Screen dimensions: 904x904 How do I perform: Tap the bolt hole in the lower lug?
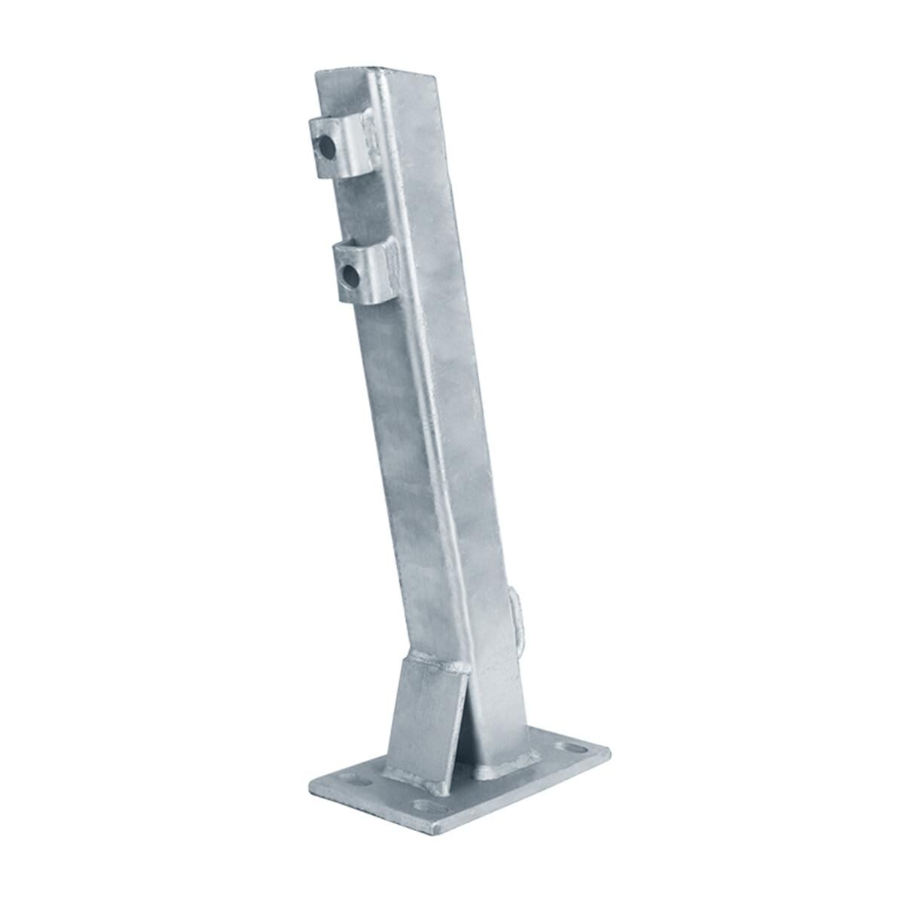350,274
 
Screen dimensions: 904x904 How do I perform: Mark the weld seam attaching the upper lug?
368,128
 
